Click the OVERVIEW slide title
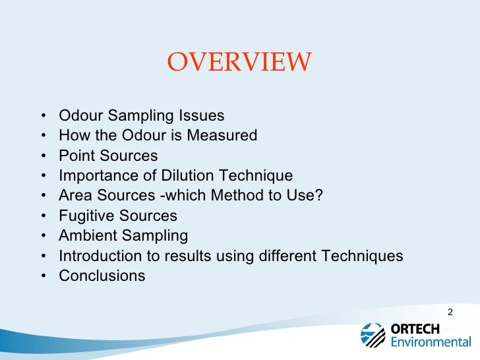(239, 63)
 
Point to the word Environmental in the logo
(431, 342)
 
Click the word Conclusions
(102, 276)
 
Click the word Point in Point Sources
(75, 156)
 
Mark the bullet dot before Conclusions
(43, 276)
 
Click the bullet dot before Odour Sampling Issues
(43, 117)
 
